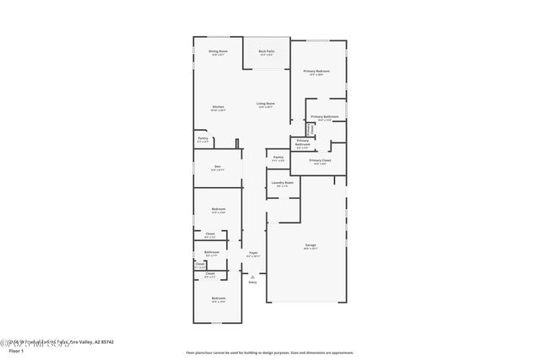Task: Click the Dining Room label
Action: coord(219,52)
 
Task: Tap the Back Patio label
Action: coord(266,52)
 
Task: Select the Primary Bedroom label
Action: coord(316,72)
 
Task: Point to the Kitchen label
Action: coord(218,107)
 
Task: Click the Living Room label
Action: coord(266,104)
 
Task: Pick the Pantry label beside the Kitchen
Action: coord(202,138)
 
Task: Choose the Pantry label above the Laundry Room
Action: coord(278,157)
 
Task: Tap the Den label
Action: coord(217,166)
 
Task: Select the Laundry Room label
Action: coord(283,183)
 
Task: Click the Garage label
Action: coord(310,245)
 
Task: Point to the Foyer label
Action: coord(252,253)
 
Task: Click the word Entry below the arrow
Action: coord(252,282)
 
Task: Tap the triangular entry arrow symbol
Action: coord(252,275)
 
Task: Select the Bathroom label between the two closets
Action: coord(211,252)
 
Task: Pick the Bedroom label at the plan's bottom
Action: coord(218,298)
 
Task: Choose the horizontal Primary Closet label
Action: coord(320,160)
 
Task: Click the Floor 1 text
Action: coord(16,351)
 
